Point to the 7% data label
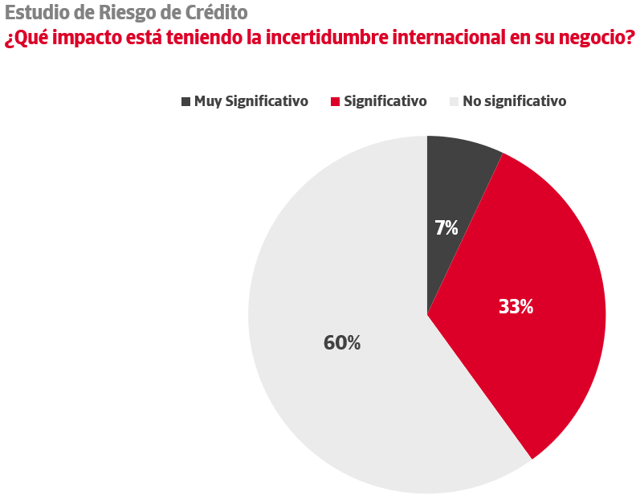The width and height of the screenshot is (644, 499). (446, 228)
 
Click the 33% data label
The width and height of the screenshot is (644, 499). (516, 306)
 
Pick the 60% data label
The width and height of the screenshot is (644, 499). (342, 342)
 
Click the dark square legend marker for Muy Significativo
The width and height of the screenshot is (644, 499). (186, 101)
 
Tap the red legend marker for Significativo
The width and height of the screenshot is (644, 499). (336, 101)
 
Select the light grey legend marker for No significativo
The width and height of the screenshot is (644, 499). (454, 101)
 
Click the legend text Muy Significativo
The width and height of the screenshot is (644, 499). (251, 101)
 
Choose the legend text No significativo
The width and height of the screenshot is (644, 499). (515, 101)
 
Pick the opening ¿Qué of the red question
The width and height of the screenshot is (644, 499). (23, 38)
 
